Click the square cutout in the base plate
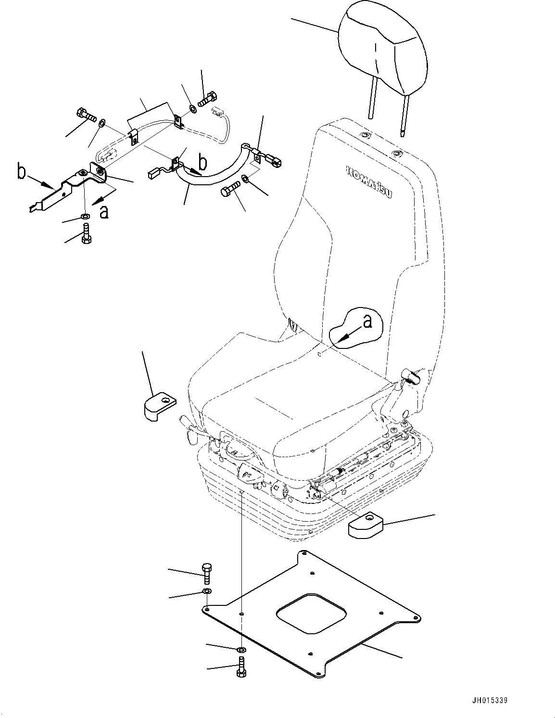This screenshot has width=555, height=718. [x=311, y=613]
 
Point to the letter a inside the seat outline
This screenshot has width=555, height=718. [x=367, y=321]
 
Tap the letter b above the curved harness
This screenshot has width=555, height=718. [x=204, y=163]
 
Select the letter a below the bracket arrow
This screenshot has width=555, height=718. [x=103, y=211]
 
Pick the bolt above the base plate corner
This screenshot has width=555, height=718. [x=207, y=573]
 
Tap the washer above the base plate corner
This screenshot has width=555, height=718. [x=207, y=590]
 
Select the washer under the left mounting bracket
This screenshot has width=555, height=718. [x=85, y=217]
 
